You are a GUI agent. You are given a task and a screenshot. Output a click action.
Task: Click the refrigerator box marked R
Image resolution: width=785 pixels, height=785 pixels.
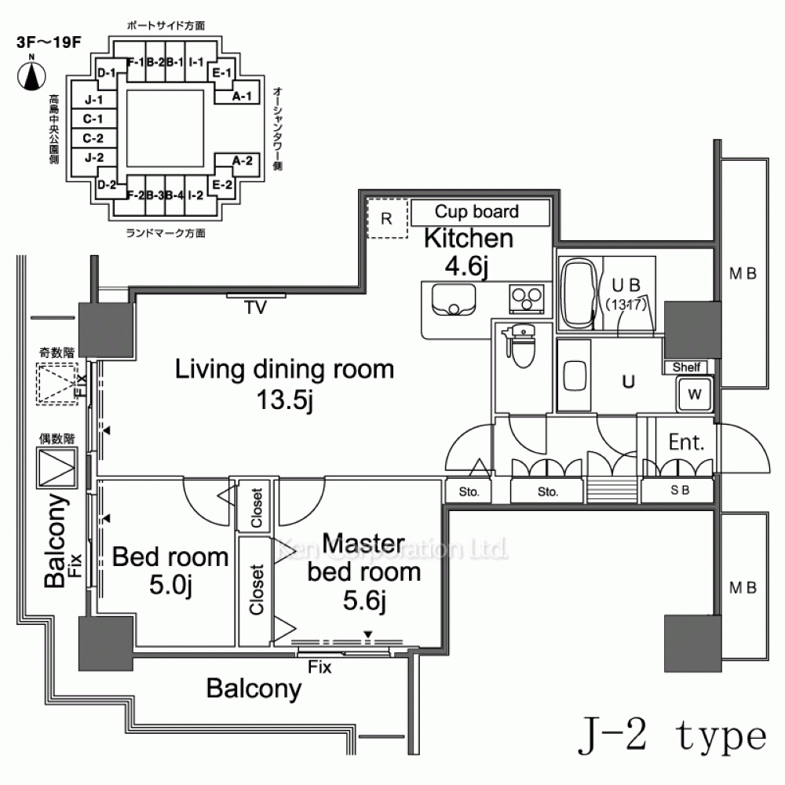tap(386, 219)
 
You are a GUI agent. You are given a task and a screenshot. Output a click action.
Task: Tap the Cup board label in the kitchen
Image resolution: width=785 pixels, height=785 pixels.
tap(476, 211)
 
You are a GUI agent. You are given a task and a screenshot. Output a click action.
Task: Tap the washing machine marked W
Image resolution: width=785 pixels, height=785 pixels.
tap(695, 393)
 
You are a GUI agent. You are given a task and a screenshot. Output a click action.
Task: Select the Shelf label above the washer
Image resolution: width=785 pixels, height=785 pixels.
tap(687, 367)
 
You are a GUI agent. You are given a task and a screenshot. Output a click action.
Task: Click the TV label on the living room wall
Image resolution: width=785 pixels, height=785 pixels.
tap(254, 308)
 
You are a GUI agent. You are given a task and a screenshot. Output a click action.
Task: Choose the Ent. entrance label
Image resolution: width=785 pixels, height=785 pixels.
tap(686, 442)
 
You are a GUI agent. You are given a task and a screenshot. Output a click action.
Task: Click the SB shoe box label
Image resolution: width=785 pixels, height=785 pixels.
tap(680, 492)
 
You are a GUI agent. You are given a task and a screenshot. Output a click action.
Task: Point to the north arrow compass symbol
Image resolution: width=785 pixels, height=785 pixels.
tap(31, 74)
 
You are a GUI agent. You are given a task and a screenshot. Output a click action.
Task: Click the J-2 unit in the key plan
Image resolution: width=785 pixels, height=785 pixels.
tap(94, 157)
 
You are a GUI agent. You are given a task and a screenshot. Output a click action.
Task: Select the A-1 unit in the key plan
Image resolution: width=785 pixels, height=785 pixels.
tap(243, 97)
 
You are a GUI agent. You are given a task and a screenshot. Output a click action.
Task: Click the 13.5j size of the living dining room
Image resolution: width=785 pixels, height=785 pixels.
tap(284, 401)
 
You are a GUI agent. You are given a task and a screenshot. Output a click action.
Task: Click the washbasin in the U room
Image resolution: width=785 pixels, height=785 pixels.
tap(575, 374)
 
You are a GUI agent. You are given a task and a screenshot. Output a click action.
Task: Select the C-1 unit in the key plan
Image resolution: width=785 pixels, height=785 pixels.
tap(94, 119)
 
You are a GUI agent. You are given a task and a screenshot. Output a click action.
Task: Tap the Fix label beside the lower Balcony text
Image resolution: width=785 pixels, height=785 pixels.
tap(319, 668)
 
